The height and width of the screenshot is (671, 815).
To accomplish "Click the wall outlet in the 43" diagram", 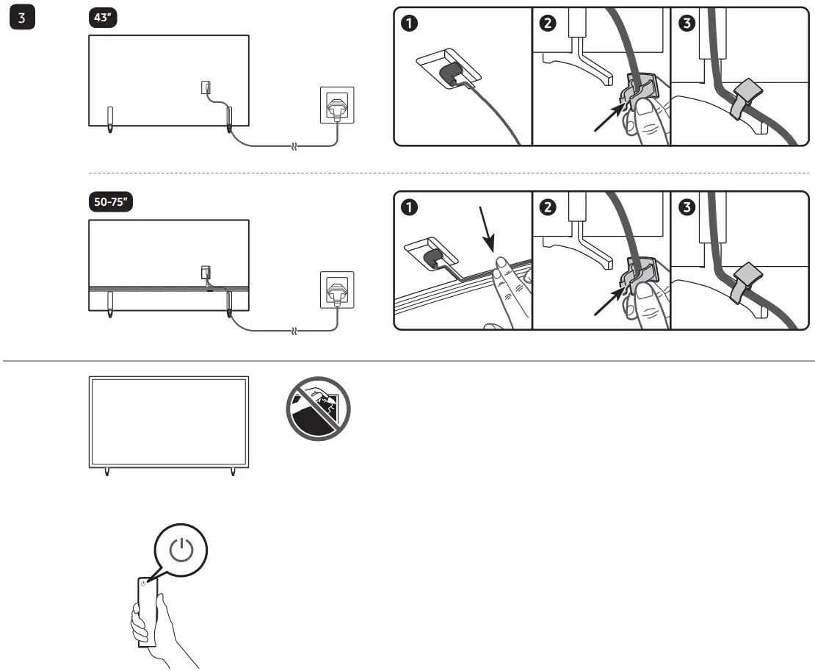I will point(334,105).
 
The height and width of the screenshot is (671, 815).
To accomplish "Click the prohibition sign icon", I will point(317,409).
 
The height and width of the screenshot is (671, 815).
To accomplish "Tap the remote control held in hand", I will point(147,610).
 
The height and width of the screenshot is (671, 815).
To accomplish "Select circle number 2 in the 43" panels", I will point(548,24).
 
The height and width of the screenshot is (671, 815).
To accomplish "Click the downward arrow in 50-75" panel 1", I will point(487,228).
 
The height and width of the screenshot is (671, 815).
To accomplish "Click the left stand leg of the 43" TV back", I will point(110,120).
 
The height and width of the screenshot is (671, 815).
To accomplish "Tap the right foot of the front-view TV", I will point(233,471).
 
